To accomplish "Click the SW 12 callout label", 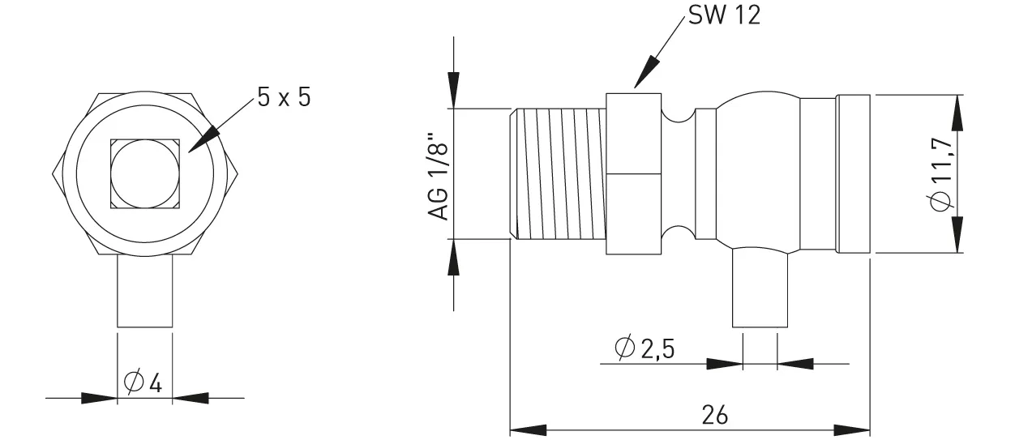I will coord(725,16).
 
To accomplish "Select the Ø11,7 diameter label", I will coord(940,173).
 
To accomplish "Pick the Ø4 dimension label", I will coord(143,382).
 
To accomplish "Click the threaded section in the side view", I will coord(559,173).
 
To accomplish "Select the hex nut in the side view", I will coord(633,173).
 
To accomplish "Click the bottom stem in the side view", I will coord(760,288).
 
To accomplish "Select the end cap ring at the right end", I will coord(854,173).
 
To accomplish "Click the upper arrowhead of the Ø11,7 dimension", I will coord(959,114).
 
